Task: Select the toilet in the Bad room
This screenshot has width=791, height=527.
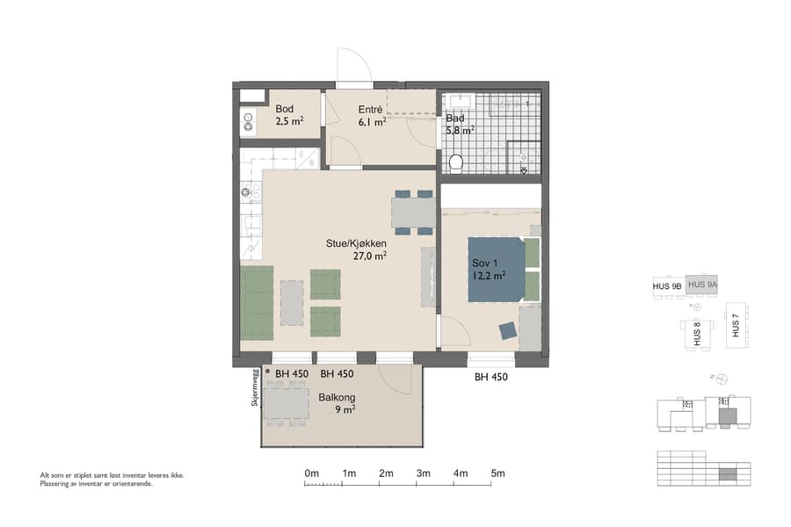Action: [x=455, y=162]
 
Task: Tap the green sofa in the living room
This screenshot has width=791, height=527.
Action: [x=257, y=303]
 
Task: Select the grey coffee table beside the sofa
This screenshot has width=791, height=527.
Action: [x=292, y=301]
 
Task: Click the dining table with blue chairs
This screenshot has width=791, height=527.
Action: [x=413, y=213]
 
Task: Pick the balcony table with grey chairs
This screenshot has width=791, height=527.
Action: [x=286, y=405]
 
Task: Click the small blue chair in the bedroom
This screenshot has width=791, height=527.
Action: [x=508, y=330]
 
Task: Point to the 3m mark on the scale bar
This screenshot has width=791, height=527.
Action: [x=424, y=473]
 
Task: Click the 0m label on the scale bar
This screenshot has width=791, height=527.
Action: [x=311, y=473]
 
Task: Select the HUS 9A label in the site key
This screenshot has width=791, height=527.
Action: [x=703, y=285]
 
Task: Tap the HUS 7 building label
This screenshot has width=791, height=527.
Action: [x=737, y=327]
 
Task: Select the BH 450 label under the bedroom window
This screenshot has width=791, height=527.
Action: [x=491, y=377]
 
